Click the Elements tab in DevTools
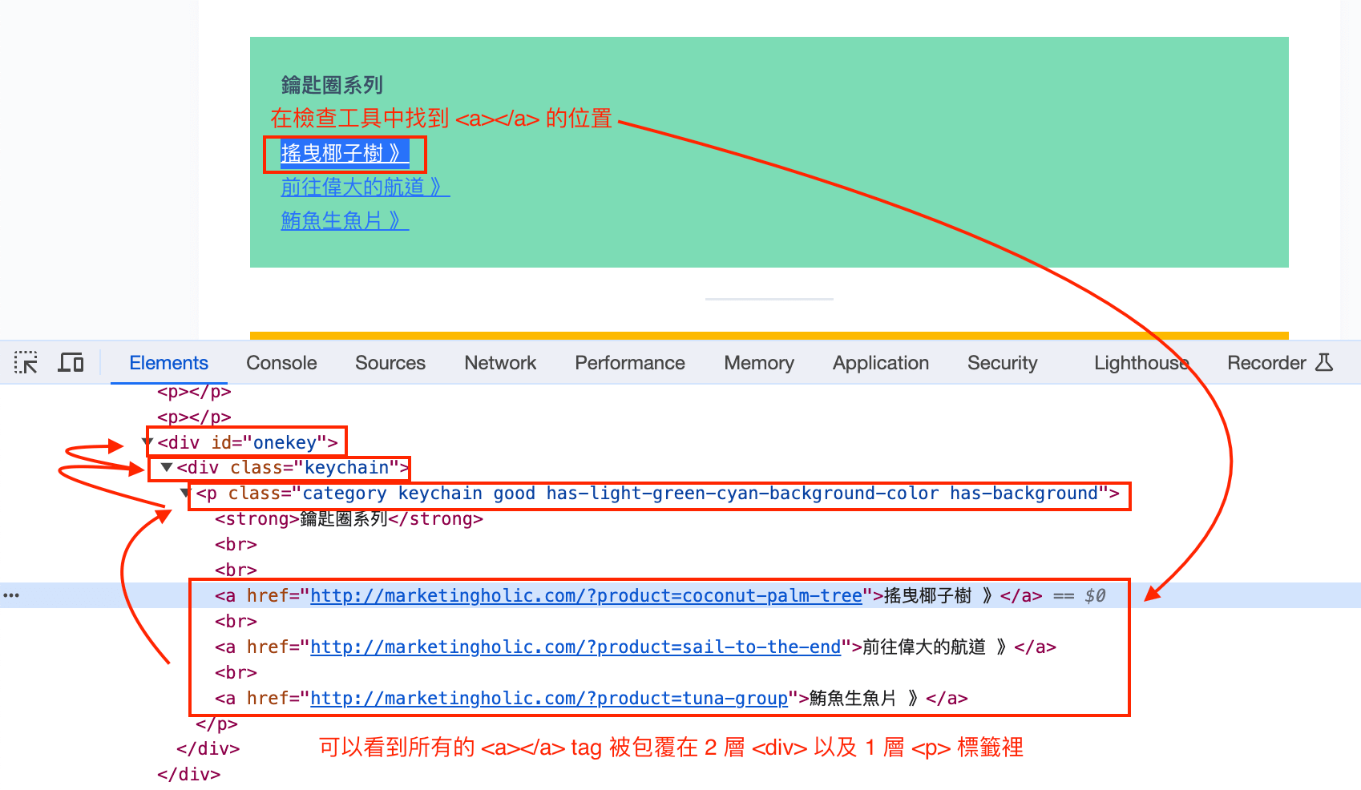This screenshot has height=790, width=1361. point(168,362)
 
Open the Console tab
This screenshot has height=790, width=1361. point(281,362)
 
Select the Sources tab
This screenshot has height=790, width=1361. point(390,362)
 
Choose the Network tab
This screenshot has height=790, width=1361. point(500,362)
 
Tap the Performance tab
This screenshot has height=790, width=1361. point(629,362)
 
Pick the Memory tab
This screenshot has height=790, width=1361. point(759,362)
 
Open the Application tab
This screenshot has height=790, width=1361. point(880,362)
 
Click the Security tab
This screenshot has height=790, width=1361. point(1003,362)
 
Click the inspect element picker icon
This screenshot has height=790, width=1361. point(26,362)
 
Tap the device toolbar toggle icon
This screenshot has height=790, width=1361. point(71,362)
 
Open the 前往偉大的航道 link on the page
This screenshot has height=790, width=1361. point(365,187)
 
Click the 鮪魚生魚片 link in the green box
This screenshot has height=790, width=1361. point(345,220)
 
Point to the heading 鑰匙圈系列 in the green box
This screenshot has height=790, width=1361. point(332,84)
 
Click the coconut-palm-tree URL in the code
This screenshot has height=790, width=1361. point(587,595)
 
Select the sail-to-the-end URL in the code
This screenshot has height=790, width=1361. point(575,647)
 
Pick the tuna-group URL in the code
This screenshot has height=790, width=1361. point(549,699)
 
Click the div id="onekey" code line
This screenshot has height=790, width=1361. point(248,442)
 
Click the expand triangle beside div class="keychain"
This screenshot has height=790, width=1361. point(166,467)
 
